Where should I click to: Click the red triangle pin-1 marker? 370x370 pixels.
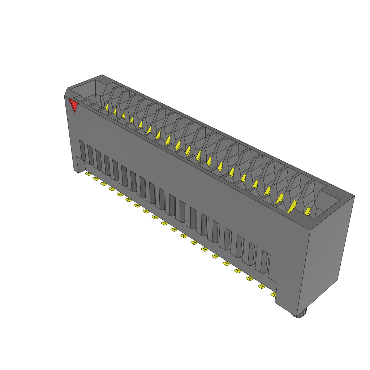74,104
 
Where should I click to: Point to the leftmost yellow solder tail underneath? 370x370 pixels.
88,174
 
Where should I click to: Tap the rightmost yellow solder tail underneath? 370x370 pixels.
273,294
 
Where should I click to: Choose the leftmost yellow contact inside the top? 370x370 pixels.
107,107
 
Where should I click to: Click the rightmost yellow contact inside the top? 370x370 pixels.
308,211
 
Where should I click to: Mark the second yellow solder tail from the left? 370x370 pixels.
96,178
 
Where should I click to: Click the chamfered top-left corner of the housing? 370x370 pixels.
66,92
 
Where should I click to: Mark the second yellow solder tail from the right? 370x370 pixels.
261,287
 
